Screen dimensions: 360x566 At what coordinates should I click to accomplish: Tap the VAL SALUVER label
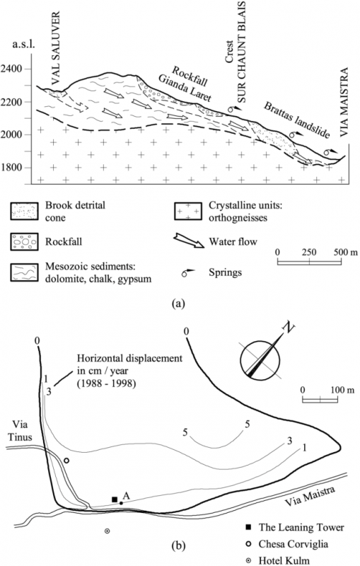point(55,48)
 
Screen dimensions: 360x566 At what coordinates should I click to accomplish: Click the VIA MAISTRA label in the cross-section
point(345,102)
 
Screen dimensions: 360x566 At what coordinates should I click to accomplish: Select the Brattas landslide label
point(297,120)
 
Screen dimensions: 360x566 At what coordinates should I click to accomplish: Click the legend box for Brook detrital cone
point(25,211)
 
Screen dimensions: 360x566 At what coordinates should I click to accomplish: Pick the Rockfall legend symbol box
point(25,241)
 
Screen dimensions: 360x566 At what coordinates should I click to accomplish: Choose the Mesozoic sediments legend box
point(25,272)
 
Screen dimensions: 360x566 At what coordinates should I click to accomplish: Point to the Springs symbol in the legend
point(189,272)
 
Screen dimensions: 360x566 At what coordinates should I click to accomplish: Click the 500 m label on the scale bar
point(346,252)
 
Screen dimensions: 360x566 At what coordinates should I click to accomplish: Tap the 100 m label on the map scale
point(342,390)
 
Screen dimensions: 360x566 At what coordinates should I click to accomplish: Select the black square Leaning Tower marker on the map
point(115,499)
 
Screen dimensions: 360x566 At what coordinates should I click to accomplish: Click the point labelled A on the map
point(122,503)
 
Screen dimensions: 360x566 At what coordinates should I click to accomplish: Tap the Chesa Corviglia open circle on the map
point(66,461)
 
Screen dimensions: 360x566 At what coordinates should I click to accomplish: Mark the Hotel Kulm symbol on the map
point(107,531)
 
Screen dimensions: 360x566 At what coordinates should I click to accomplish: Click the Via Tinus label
point(22,431)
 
